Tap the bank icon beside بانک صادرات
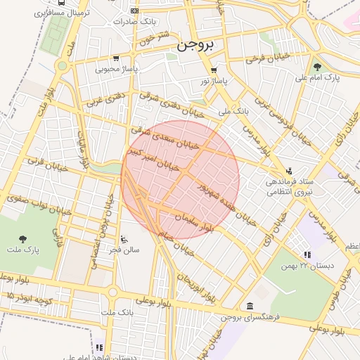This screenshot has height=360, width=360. pos(135,11)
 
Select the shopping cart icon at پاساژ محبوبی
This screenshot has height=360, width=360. pos(115,58)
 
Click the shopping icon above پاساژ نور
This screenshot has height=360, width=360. pos(214,70)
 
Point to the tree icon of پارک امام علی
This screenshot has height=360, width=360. pos(317,67)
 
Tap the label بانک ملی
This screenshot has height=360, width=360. pos(233,111)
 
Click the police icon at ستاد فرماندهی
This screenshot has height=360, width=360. pos(289,170)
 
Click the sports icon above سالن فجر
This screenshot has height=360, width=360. pos(124,238)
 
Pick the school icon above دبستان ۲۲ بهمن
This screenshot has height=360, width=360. pos(307,255)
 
